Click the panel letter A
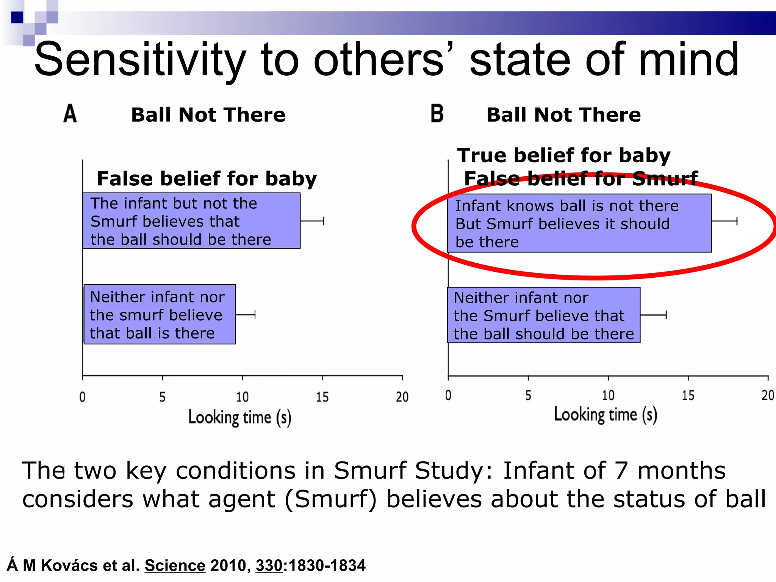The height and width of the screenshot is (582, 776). [x=70, y=114]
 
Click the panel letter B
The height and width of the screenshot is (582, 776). [x=437, y=114]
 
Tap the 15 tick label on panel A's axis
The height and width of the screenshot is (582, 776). [x=322, y=397]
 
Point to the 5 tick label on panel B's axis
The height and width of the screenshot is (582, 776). [x=528, y=396]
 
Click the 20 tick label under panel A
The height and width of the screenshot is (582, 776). [x=402, y=397]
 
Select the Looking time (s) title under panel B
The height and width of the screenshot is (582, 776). [x=605, y=415]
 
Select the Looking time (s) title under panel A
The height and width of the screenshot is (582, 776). [x=240, y=418]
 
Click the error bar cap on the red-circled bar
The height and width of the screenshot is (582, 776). [x=737, y=221]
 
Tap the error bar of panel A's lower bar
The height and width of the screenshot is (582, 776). [x=246, y=314]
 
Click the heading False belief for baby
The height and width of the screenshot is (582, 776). [x=207, y=179]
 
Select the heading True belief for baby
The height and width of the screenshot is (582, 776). [x=564, y=155]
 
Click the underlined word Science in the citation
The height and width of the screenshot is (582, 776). [x=175, y=565]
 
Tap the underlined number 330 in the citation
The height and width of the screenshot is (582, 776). [x=269, y=565]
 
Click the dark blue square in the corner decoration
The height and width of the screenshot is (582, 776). [x=17, y=17]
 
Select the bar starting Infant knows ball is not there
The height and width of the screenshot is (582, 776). [x=579, y=224]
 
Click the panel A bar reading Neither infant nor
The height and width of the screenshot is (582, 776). [x=160, y=314]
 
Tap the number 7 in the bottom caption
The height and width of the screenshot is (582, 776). [x=621, y=471]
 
